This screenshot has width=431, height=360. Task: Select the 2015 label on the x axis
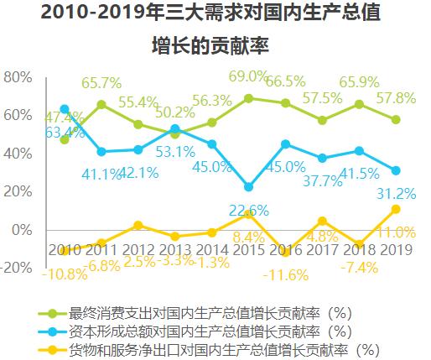(248, 250)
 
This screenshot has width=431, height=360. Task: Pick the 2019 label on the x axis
(396, 250)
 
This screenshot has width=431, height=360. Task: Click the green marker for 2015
(248, 98)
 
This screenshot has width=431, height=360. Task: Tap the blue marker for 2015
(248, 187)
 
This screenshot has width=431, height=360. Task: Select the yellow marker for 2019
(396, 209)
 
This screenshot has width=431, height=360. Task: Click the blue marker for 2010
(65, 109)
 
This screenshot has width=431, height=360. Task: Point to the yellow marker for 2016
(285, 252)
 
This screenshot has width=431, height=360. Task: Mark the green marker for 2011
(101, 105)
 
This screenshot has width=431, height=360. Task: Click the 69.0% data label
(250, 77)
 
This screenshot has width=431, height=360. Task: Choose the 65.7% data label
(101, 84)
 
